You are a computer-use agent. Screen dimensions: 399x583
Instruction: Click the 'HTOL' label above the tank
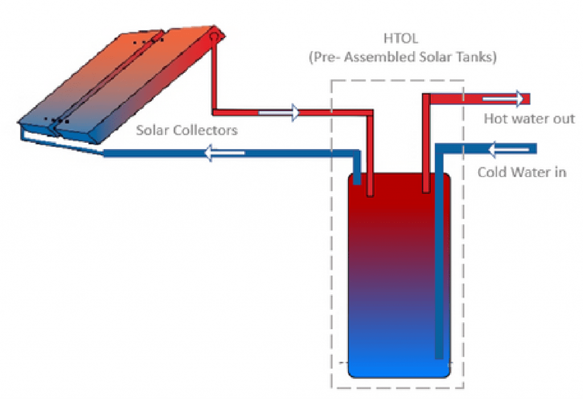pos(397,40)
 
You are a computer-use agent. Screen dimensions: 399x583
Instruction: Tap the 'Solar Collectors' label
pos(186,130)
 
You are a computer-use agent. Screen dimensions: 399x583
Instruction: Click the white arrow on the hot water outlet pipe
pos(503,99)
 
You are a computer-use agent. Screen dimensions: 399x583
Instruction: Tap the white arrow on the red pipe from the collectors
pos(278,112)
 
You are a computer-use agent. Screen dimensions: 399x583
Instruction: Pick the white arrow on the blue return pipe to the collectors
pos(224,153)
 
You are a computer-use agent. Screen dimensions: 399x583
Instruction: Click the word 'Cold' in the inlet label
pos(491,172)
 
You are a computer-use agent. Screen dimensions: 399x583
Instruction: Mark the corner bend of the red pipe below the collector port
pos(215,110)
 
